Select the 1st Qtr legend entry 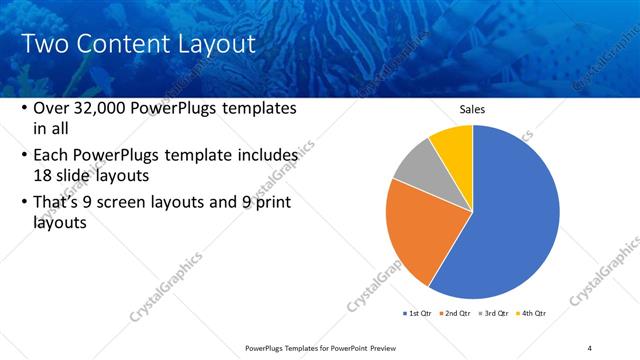[x=417, y=313]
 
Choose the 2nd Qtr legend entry [x=458, y=313]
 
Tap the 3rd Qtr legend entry [x=496, y=313]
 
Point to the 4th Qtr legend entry [x=532, y=313]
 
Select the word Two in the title [x=43, y=44]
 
